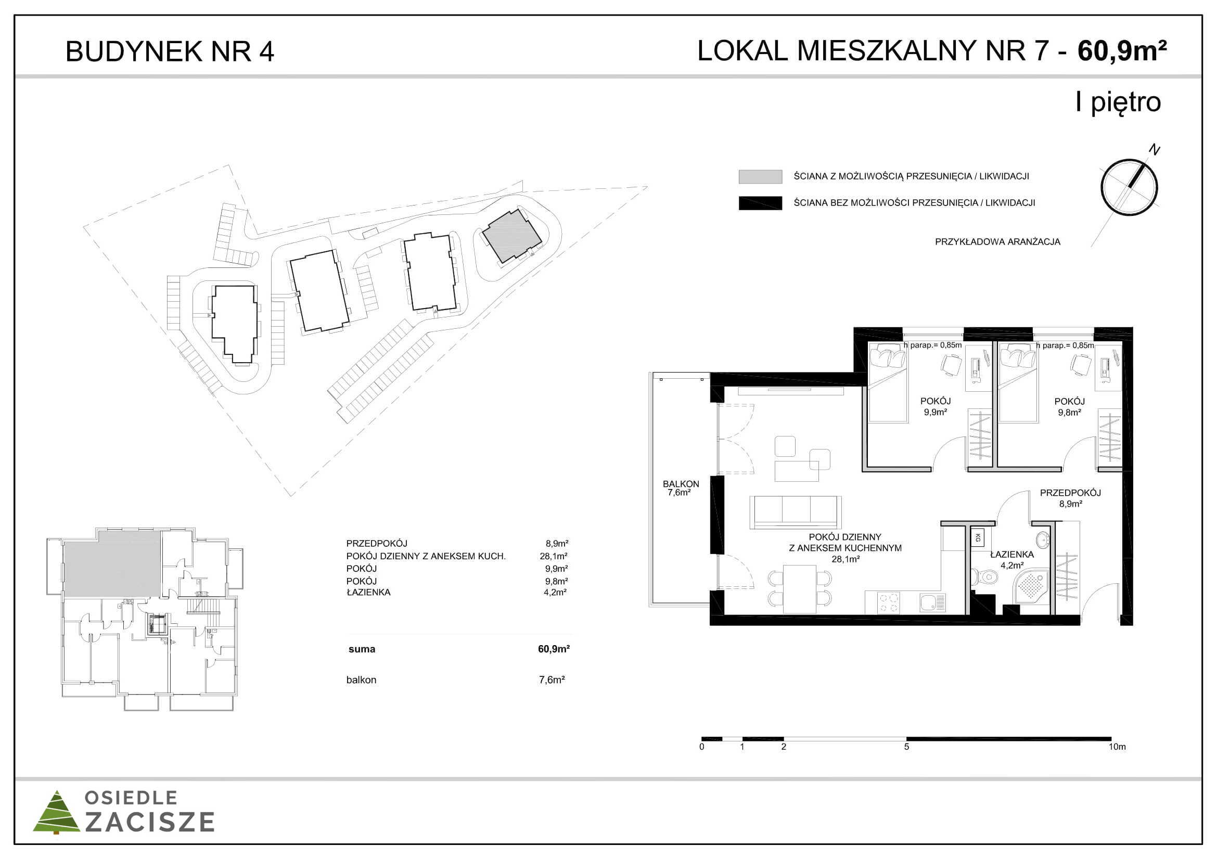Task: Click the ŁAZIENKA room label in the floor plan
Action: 1011,554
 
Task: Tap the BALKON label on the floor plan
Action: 681,484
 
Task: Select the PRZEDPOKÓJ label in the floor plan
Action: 1070,493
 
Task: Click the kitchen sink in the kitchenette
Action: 933,602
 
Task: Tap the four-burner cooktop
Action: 889,603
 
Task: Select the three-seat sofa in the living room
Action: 795,512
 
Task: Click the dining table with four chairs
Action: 800,589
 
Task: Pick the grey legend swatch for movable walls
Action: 760,176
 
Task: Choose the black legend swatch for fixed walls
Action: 760,203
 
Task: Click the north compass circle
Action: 1129,188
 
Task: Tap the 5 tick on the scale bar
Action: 906,747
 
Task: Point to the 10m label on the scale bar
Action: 1117,747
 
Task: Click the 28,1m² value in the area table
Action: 554,556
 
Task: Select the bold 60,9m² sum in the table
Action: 554,649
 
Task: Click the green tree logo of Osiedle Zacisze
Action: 56,812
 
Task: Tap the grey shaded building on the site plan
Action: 511,236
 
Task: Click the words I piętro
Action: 1118,102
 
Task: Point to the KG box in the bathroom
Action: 978,538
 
